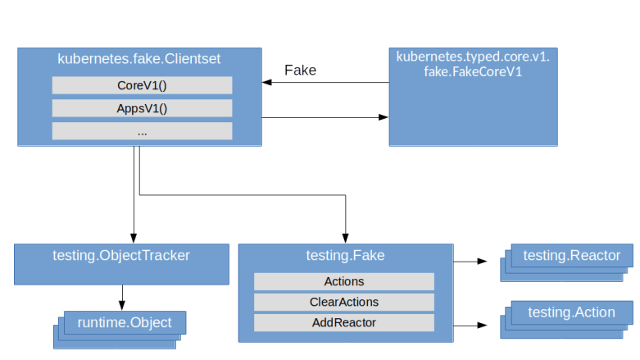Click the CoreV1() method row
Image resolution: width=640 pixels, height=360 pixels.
(x=142, y=85)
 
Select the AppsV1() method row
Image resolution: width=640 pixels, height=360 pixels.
(x=142, y=108)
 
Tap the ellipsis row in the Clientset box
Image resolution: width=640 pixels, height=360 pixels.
(x=142, y=131)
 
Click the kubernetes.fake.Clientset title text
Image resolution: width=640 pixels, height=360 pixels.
(x=139, y=59)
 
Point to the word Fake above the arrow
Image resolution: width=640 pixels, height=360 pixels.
(x=300, y=71)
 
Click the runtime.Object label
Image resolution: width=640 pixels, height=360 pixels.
(x=125, y=322)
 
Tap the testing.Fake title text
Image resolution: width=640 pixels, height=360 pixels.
(x=344, y=256)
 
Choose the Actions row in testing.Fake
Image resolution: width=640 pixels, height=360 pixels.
(x=343, y=281)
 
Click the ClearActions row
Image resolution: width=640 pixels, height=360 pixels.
(x=343, y=302)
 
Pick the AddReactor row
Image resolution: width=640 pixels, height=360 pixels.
(x=343, y=322)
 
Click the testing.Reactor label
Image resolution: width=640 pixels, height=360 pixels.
(x=571, y=256)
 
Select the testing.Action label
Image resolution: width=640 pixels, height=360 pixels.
(x=571, y=312)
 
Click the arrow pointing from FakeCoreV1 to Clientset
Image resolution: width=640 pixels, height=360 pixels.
(x=325, y=83)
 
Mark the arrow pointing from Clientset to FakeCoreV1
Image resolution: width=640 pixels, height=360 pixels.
(x=325, y=118)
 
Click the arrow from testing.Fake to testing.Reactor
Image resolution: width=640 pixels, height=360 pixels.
(x=470, y=262)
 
